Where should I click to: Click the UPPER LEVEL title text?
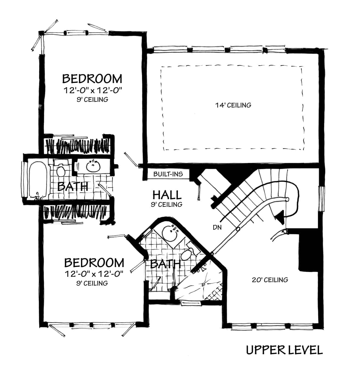click(x=284, y=350)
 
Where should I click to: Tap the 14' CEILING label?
click(x=233, y=105)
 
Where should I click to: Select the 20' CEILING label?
click(x=270, y=280)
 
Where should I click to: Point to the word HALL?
click(x=167, y=195)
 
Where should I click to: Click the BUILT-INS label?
click(x=168, y=174)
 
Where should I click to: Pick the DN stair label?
click(x=217, y=227)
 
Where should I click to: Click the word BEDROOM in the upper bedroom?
click(x=92, y=79)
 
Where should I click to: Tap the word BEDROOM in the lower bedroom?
click(x=94, y=263)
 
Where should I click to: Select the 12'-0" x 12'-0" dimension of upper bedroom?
click(x=92, y=90)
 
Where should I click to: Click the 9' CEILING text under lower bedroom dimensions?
click(x=92, y=283)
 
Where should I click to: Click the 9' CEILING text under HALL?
click(x=166, y=204)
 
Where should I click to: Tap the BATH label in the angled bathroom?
click(x=165, y=264)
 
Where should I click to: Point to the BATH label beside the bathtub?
click(x=73, y=187)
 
